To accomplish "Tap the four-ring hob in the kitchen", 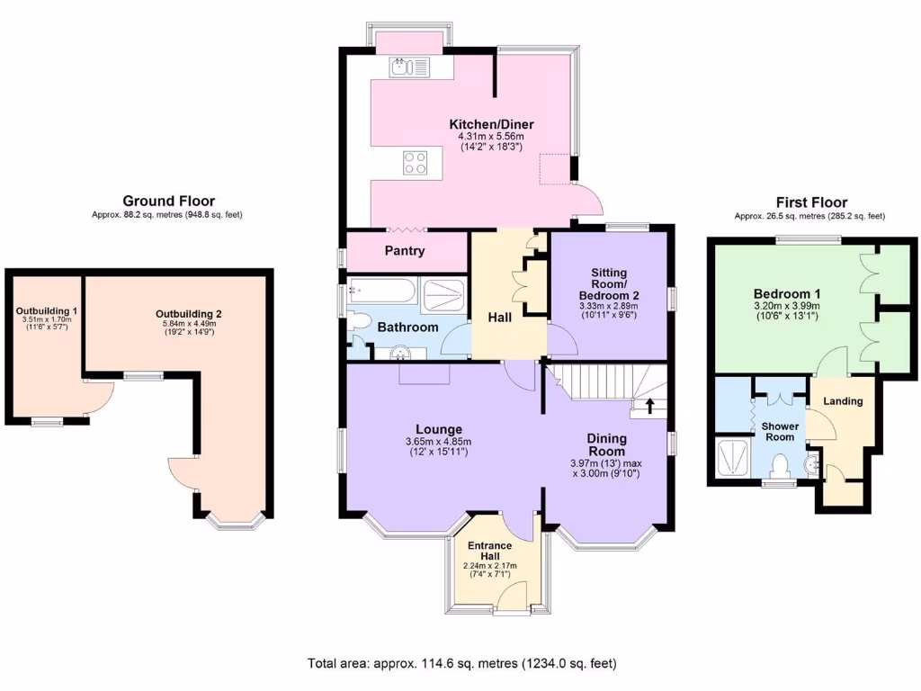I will click(415, 163).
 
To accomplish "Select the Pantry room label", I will click(405, 251).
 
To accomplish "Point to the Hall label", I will click(500, 318).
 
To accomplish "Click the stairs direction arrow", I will click(648, 406).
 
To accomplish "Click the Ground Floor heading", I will click(168, 202).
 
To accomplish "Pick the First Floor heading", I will click(811, 202).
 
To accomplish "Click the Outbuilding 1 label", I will click(47, 311).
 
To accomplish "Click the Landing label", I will click(843, 401).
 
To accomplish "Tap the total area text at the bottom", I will click(461, 664).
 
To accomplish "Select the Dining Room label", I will click(606, 444).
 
